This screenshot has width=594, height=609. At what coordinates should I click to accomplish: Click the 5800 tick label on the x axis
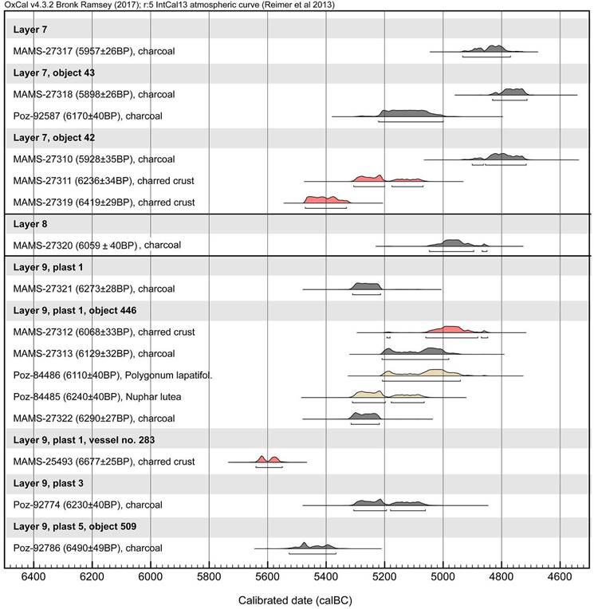pos(208,576)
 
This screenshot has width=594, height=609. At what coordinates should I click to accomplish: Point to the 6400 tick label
pos(33,576)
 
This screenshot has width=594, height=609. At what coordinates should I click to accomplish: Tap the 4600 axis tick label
pos(560,576)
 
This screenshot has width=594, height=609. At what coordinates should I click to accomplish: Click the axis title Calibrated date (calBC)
pos(297,597)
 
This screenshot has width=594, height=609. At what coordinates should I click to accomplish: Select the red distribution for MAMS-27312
pos(450,329)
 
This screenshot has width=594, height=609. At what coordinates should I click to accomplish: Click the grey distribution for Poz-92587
pos(411,112)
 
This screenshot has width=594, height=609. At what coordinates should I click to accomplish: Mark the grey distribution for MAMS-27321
pos(367,285)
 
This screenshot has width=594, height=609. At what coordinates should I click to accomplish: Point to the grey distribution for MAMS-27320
pos(454,242)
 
